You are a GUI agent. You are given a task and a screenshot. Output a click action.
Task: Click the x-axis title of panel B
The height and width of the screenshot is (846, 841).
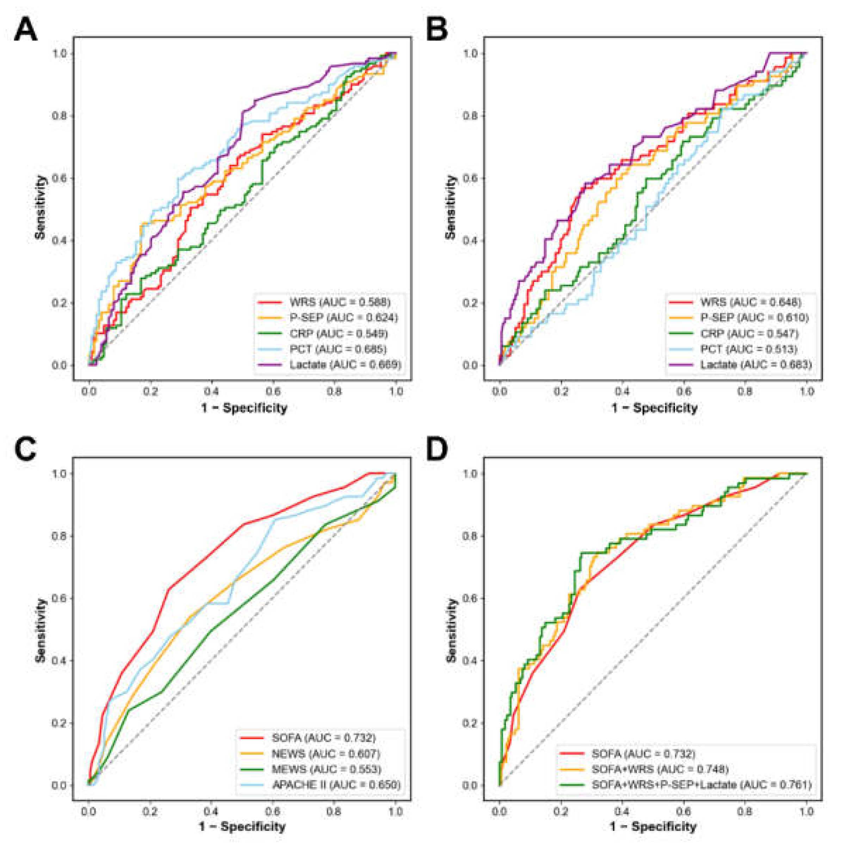pyautogui.click(x=654, y=408)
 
